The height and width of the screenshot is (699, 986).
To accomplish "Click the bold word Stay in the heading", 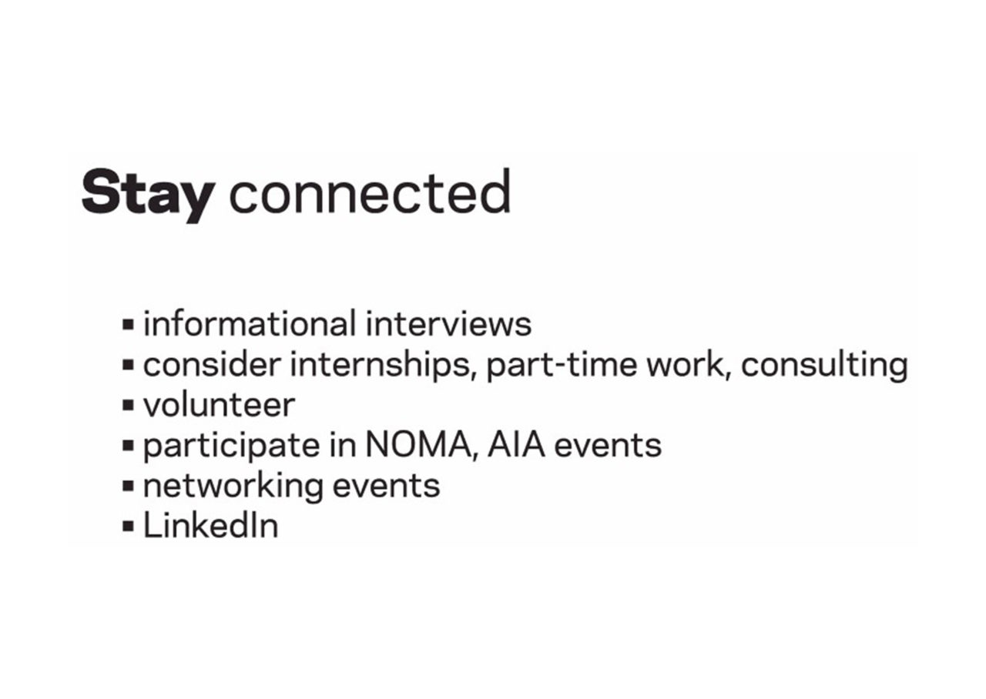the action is point(149,196).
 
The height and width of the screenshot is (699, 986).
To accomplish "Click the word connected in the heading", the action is point(371,192).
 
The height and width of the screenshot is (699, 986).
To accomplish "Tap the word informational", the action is point(250,323).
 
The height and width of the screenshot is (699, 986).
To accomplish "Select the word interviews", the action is point(448,323).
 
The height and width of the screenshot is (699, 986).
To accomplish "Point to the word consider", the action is point(212,364).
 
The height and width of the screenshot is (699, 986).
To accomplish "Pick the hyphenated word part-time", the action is point(562,366).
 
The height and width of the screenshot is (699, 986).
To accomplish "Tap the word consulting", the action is point(824,366).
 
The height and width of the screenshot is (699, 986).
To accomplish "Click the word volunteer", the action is point(220,405).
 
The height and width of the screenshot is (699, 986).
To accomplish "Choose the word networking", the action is point(233,487).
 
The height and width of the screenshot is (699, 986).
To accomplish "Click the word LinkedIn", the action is point(211,525).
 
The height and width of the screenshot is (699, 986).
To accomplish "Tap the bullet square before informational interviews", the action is point(128,325).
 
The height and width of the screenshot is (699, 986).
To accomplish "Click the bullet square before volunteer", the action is point(128,405).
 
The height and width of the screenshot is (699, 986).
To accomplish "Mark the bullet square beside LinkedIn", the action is point(128,526).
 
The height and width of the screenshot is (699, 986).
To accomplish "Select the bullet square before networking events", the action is point(128,486).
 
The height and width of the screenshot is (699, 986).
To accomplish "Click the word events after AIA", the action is point(608,446).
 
